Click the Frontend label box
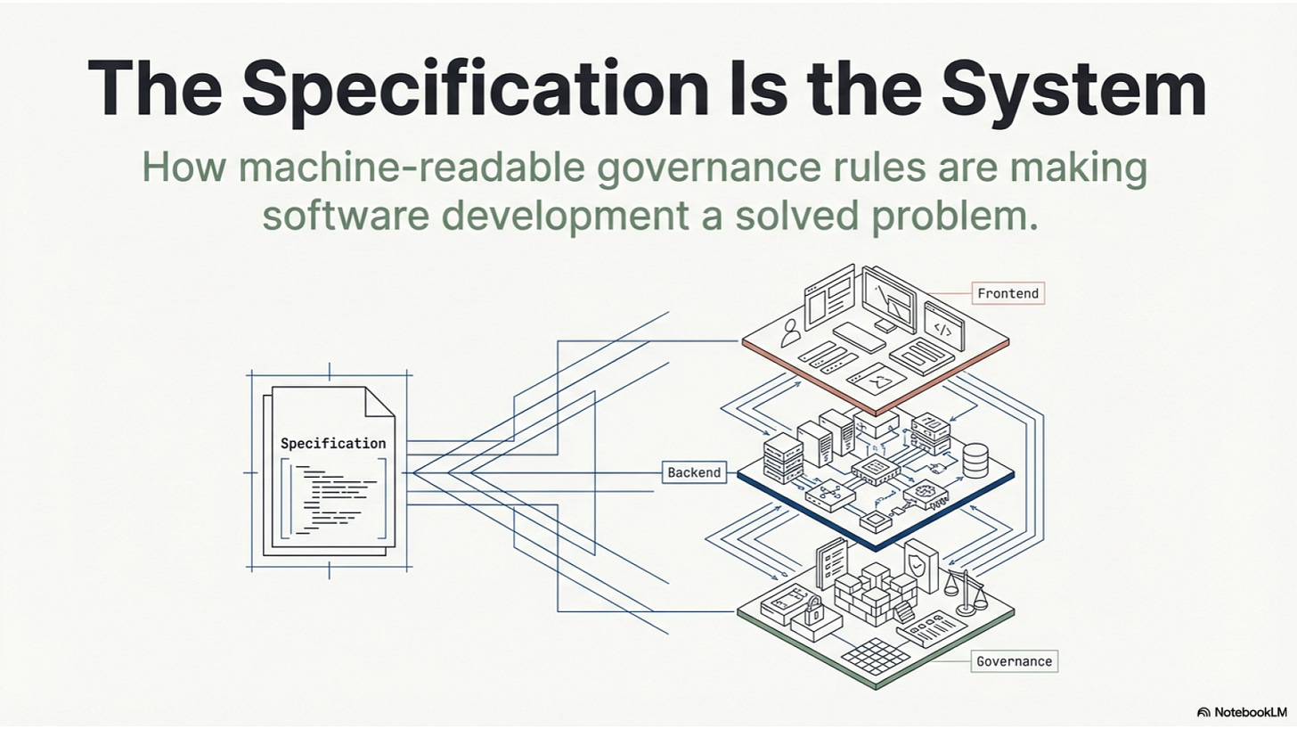[1007, 292]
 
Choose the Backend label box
[694, 472]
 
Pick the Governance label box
[1014, 660]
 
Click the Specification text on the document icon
[333, 443]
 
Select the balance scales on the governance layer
[963, 593]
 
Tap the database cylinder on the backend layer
[976, 460]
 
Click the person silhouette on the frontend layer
[788, 334]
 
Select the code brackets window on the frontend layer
[942, 329]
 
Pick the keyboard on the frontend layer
[858, 336]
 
